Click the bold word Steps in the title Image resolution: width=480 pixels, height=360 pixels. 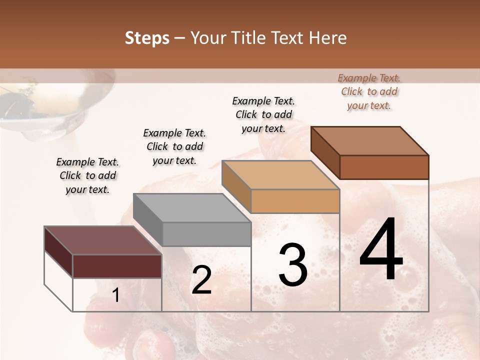pos(147,38)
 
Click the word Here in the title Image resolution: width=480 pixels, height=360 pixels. pos(328,38)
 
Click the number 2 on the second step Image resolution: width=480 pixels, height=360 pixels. pos(201,280)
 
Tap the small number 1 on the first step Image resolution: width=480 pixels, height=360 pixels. pos(116,295)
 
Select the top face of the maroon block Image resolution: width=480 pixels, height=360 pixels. pos(102,240)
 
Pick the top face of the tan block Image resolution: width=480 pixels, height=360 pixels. pos(280,175)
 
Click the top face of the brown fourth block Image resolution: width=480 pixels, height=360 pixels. pos(369,141)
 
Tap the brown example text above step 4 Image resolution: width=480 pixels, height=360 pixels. pos(369,91)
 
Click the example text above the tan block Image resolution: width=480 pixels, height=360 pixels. pos(263,114)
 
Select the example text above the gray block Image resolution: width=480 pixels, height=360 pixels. pos(174,146)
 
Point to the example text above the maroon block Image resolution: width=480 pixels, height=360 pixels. pos(87,175)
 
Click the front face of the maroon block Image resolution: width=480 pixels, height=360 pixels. pos(117,266)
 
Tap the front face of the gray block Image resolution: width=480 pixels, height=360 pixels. pos(206,234)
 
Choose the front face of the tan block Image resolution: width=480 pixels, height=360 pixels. pos(295,201)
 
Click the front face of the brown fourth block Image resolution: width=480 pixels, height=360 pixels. pos(384,167)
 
